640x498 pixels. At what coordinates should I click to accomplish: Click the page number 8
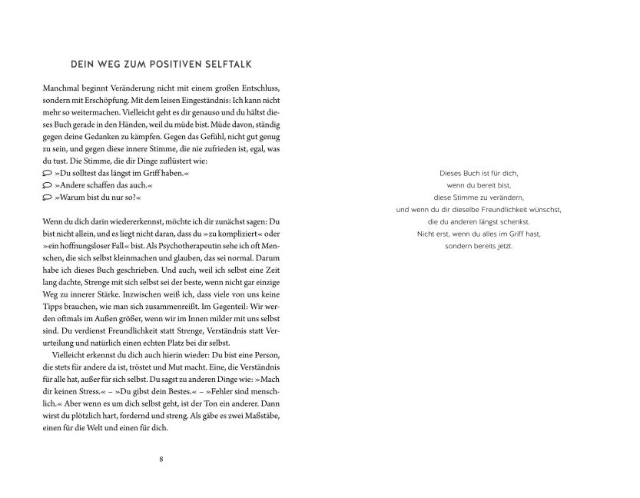[161, 460]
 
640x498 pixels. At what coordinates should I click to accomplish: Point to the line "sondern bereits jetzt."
[479, 246]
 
